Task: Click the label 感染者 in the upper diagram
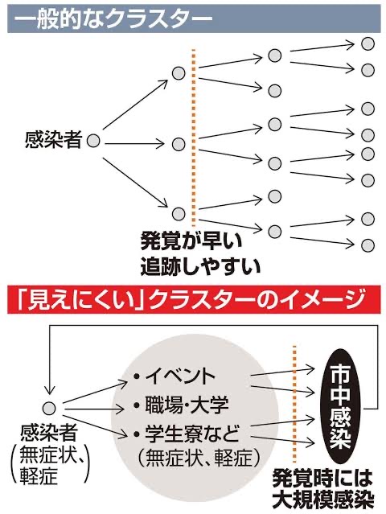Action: (53, 140)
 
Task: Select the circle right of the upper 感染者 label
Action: (93, 141)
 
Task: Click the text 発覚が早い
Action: (191, 241)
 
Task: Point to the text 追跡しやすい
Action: (200, 266)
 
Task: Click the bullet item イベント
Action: (175, 376)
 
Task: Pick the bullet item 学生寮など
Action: (187, 434)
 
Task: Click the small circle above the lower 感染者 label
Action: (50, 409)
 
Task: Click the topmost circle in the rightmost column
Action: (368, 44)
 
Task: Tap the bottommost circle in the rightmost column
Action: (368, 245)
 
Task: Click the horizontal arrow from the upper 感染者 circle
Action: (133, 143)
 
